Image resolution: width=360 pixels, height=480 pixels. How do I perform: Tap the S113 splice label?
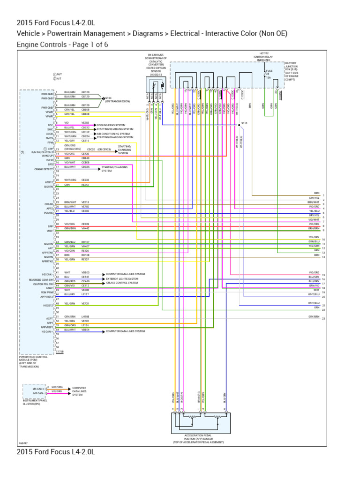pos(244,123)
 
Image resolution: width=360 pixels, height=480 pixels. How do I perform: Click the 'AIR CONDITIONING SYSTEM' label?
pos(112,134)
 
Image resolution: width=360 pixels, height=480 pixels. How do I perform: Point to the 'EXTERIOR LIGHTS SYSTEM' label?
pos(122,278)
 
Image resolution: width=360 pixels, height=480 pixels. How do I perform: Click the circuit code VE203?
pos(85,122)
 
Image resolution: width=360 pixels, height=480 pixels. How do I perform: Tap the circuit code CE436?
pos(85,153)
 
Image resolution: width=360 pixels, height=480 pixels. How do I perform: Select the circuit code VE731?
pos(85,303)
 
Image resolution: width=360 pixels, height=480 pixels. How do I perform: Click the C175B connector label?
pos(60,351)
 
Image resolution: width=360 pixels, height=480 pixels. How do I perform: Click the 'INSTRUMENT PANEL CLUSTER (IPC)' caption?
pos(36,402)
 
